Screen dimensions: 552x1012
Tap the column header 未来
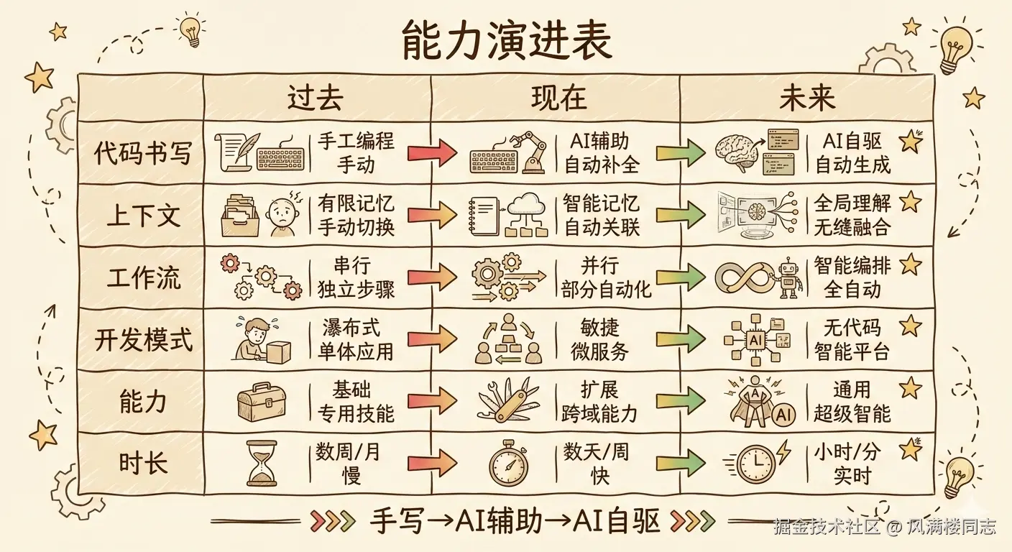(806, 98)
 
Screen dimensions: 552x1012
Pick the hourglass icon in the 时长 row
(261, 463)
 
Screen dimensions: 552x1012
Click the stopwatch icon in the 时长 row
(508, 464)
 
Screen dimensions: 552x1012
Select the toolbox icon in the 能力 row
(261, 401)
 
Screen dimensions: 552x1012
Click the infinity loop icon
(742, 277)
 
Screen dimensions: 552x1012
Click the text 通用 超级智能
(852, 401)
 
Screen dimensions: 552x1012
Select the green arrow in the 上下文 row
(680, 214)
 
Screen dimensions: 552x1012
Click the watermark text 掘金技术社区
(827, 527)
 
